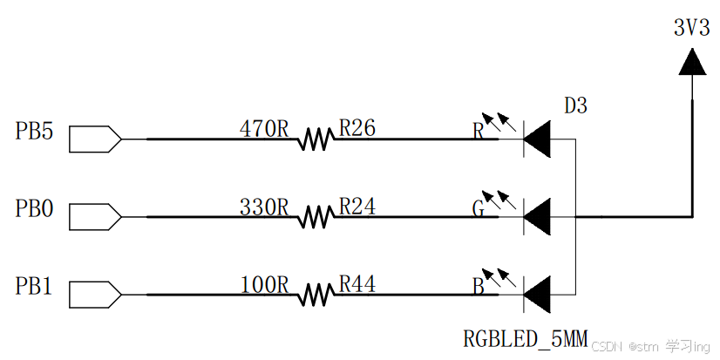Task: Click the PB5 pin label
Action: click(35, 132)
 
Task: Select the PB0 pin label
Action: click(35, 209)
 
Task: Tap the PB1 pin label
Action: click(35, 286)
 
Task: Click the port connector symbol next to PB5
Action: click(93, 139)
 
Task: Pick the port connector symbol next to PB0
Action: click(93, 216)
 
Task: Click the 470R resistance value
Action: click(264, 129)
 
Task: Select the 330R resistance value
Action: click(264, 207)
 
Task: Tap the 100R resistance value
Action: click(264, 284)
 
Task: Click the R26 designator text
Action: click(357, 129)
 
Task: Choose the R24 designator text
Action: click(357, 207)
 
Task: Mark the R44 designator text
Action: click(357, 284)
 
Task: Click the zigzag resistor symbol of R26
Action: click(316, 139)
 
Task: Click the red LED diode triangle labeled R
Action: click(539, 139)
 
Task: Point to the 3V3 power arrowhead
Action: click(691, 60)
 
